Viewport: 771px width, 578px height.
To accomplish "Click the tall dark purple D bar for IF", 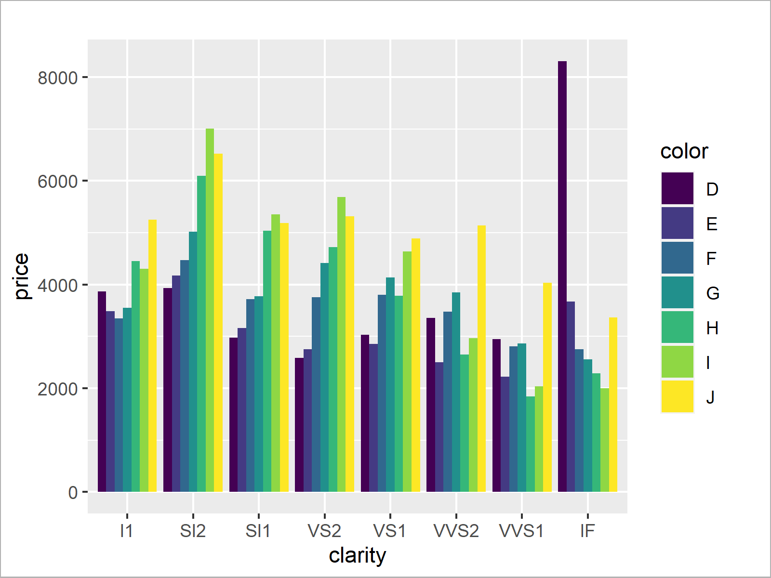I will pyautogui.click(x=562, y=277).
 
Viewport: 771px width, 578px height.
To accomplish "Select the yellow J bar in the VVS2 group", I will pyautogui.click(x=481, y=359).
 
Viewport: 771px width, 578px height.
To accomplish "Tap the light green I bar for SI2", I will pyautogui.click(x=210, y=311).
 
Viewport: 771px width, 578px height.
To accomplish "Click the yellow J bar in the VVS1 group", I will pyautogui.click(x=547, y=388).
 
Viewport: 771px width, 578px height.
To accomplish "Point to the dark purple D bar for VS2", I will pyautogui.click(x=299, y=425).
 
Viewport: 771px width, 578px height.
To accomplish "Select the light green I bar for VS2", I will pyautogui.click(x=341, y=344).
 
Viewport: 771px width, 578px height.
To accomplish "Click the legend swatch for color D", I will pyautogui.click(x=677, y=189).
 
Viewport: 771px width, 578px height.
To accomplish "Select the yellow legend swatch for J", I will pyautogui.click(x=677, y=397).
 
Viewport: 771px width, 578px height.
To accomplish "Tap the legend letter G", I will pyautogui.click(x=712, y=293).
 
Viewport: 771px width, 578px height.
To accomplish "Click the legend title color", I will pyautogui.click(x=684, y=152).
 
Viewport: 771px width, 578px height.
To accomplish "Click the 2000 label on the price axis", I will pyautogui.click(x=57, y=389).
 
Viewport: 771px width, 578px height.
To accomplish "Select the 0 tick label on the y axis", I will pyautogui.click(x=73, y=493).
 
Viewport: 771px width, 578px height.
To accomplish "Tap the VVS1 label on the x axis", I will pyautogui.click(x=521, y=531).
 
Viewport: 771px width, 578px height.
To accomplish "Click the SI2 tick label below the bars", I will pyautogui.click(x=193, y=531).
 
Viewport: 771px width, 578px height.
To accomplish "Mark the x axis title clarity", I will pyautogui.click(x=357, y=555).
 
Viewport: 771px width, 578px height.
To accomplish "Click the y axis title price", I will pyautogui.click(x=22, y=276).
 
